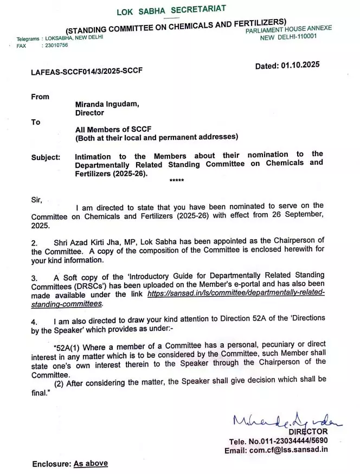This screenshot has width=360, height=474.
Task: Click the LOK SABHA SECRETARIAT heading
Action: (171, 10)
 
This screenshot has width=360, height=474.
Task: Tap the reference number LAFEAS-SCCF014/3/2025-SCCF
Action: (87, 71)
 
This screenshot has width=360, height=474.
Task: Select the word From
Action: (40, 97)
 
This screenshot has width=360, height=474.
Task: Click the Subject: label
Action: (46, 157)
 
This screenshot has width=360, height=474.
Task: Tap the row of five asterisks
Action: (177, 181)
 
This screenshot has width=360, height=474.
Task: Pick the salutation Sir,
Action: (36, 199)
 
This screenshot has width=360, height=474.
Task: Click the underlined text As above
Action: (91, 463)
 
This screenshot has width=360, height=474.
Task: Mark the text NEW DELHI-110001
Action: (288, 37)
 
